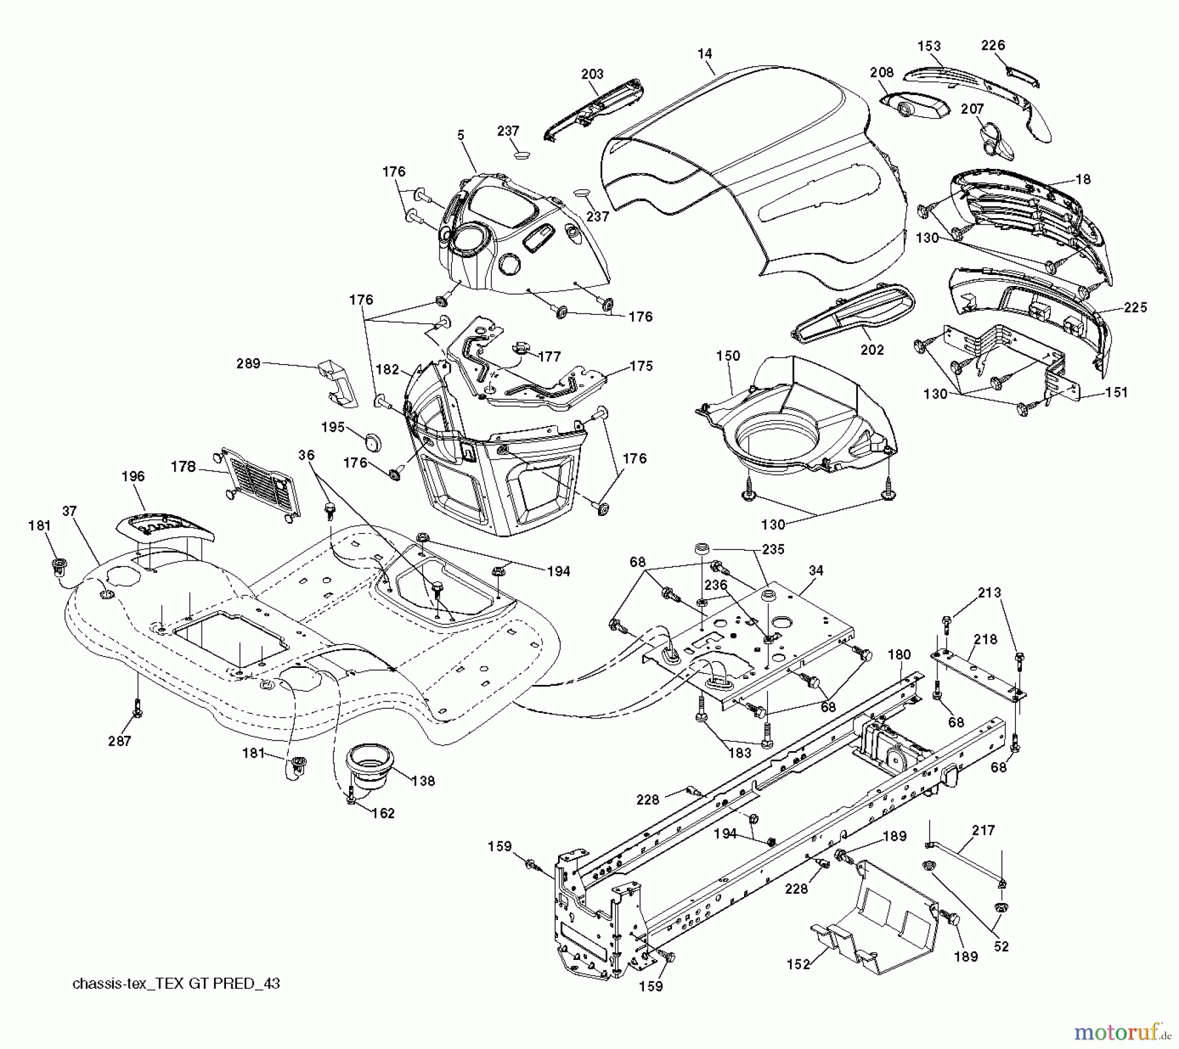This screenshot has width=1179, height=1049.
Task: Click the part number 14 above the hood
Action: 705,54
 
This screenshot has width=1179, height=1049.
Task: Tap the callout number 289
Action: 248,363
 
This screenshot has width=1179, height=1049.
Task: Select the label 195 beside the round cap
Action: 333,427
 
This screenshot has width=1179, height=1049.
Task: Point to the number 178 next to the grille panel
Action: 183,466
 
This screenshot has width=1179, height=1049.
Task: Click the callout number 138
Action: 423,781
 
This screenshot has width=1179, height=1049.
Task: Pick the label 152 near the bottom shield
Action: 798,963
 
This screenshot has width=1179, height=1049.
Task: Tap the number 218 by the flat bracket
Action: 985,639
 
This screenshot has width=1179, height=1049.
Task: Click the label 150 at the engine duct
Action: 728,356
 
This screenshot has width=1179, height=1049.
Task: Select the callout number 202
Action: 872,350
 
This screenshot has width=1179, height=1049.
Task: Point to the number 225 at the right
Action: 1135,307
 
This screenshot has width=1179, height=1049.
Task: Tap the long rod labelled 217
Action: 966,864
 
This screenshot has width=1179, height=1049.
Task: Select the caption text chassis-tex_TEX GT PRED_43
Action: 176,984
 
